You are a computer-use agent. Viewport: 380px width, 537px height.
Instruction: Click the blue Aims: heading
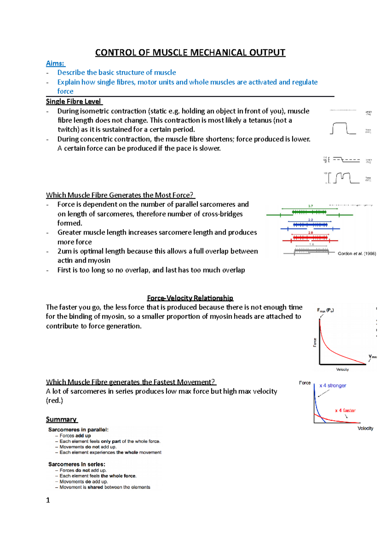click(x=55, y=63)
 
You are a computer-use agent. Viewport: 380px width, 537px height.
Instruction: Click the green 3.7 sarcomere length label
click(x=310, y=206)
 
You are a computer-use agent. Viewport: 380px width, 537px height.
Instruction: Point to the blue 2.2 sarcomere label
click(x=310, y=220)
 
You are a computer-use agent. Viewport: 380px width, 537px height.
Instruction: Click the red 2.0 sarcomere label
click(x=310, y=233)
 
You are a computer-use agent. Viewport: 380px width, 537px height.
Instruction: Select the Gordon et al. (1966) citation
click(x=357, y=254)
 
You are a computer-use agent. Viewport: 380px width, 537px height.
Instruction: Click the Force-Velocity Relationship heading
click(x=190, y=298)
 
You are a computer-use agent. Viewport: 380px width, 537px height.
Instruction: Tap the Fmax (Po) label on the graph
click(x=325, y=310)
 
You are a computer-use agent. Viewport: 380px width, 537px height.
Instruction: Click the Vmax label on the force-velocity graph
click(x=372, y=356)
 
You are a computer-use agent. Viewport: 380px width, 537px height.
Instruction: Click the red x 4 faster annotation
click(x=345, y=410)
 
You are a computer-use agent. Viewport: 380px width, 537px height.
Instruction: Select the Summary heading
click(x=61, y=419)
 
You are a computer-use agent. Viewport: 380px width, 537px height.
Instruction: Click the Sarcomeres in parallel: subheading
click(x=78, y=429)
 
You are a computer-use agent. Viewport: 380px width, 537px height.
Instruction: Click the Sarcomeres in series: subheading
click(x=77, y=464)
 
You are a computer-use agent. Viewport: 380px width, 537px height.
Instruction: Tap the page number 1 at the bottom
click(x=48, y=500)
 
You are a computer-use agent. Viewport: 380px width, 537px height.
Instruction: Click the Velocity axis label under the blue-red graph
click(x=365, y=429)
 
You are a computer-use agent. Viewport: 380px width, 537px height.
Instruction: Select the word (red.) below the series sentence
click(x=54, y=401)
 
